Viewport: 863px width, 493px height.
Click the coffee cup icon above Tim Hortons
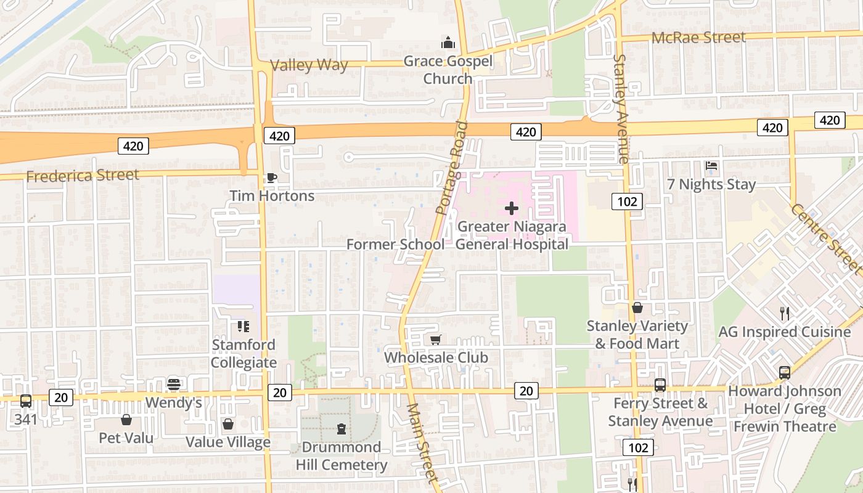[x=271, y=178]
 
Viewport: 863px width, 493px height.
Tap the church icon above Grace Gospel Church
[x=448, y=43]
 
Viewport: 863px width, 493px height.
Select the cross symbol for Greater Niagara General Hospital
[x=511, y=208]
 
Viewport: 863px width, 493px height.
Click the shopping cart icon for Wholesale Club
[x=435, y=340]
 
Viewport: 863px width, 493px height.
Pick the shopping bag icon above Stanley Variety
[x=637, y=308]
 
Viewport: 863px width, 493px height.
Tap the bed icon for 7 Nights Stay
[x=711, y=166]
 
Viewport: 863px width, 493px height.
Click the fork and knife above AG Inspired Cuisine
[x=784, y=314]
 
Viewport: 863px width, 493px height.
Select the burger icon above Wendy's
[x=173, y=385]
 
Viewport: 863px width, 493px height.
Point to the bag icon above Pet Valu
[x=126, y=420]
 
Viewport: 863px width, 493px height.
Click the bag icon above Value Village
[x=227, y=424]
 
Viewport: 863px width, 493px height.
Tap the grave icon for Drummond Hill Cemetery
[x=341, y=429]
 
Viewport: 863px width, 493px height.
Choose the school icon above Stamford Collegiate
[x=243, y=326]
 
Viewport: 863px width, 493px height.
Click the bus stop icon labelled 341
[x=25, y=401]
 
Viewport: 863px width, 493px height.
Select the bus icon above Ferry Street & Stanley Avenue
[x=660, y=385]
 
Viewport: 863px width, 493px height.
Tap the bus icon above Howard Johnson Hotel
[x=784, y=372]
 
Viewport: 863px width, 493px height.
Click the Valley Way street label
[x=309, y=65]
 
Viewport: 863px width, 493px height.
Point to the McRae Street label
[x=698, y=38]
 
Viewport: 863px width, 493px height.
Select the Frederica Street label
[x=83, y=176]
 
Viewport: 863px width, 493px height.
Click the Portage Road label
[x=451, y=168]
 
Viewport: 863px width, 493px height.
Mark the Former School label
[x=395, y=244]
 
